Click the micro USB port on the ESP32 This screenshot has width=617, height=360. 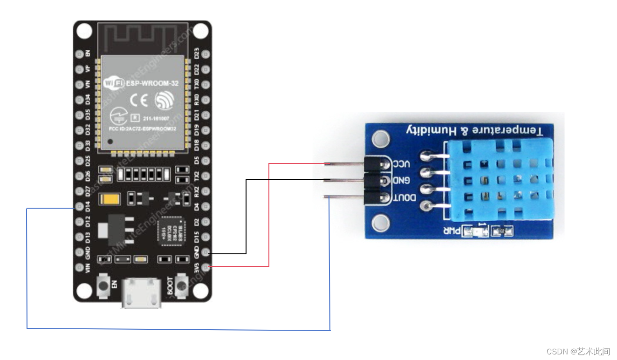[142, 294]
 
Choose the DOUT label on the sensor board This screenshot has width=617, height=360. [405, 198]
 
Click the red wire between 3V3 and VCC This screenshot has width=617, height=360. [269, 214]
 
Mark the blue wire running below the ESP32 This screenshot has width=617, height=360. [177, 329]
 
